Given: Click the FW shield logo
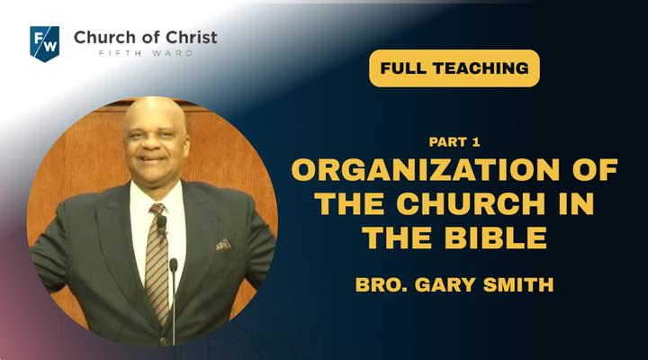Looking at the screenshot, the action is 45,44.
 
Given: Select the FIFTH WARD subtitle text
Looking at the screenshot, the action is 146,53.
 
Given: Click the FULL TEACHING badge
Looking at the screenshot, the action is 454,68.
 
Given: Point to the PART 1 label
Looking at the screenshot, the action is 454,142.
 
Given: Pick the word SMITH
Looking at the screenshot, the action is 518,284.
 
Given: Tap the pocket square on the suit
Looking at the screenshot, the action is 223,245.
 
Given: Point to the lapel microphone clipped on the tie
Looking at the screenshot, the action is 162,223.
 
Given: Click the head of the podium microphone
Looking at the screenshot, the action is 174,265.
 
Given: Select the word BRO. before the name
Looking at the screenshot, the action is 382,284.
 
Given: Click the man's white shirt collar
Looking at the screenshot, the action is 157,193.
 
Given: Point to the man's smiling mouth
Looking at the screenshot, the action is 152,160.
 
